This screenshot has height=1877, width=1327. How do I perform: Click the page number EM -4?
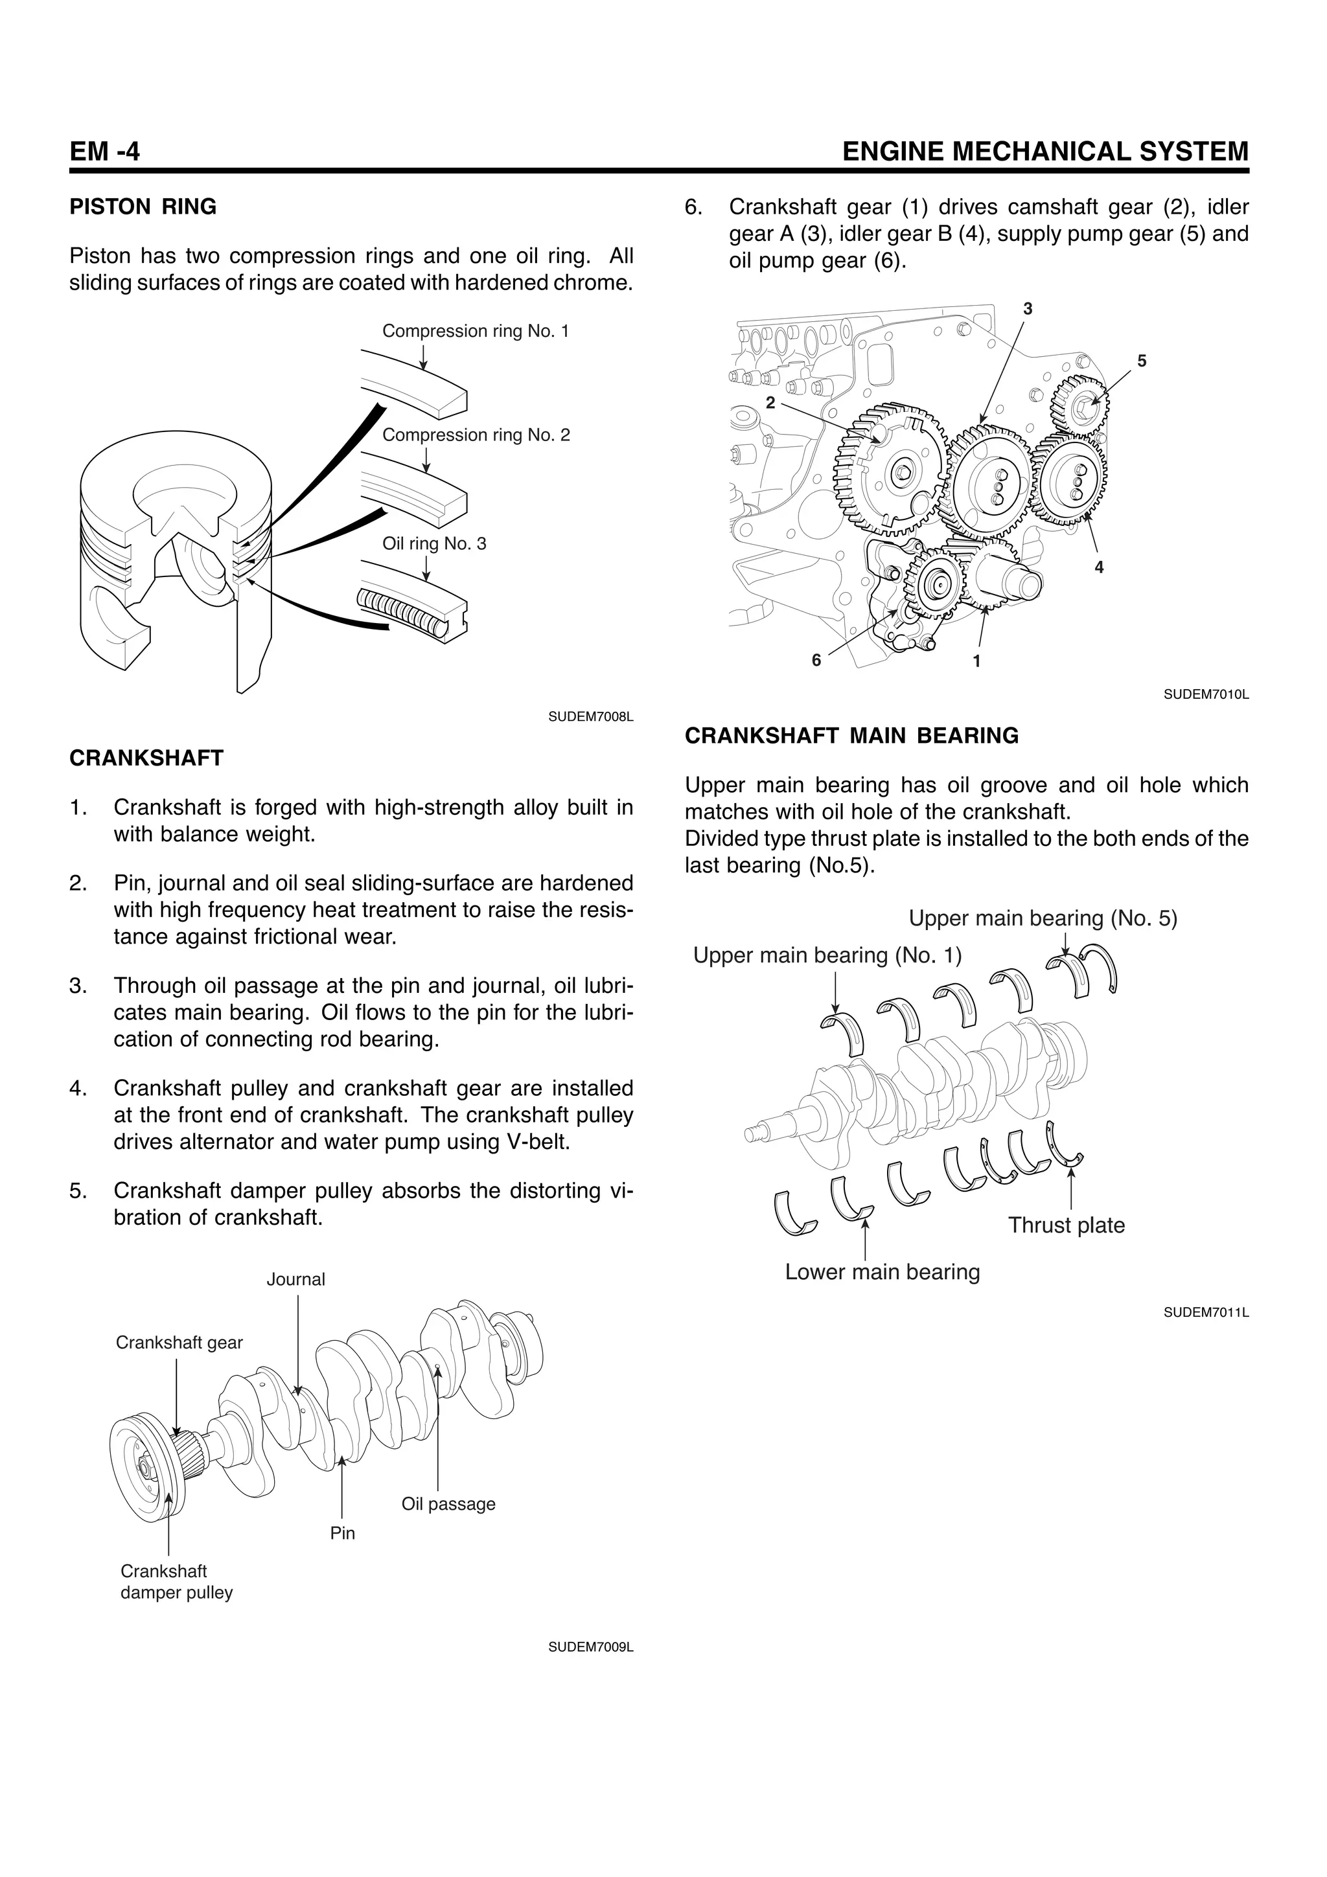(105, 152)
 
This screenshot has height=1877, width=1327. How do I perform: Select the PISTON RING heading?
(143, 207)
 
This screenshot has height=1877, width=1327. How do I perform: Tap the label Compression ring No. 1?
(475, 331)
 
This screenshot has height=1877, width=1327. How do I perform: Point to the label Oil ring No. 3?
(434, 543)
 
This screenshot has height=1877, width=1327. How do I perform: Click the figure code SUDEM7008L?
(590, 717)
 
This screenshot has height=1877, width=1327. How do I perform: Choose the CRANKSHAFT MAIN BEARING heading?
(851, 736)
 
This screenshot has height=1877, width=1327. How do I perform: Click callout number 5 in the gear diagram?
(1142, 361)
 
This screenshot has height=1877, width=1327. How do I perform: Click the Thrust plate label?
(1065, 1225)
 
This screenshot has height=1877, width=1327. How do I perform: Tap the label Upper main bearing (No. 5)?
(1043, 918)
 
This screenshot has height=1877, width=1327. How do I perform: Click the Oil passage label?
(448, 1504)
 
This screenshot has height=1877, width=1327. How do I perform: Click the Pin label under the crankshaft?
(343, 1534)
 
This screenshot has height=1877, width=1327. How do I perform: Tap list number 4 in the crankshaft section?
(78, 1088)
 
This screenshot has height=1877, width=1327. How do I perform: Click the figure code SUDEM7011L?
(1206, 1312)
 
